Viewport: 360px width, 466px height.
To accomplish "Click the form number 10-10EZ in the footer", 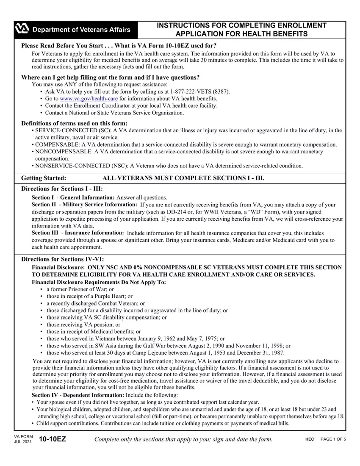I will pyautogui.click(x=52, y=439).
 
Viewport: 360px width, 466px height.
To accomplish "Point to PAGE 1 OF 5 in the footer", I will pyautogui.click(x=333, y=439).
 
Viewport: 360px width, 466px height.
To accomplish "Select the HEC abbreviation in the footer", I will pyautogui.click(x=310, y=439).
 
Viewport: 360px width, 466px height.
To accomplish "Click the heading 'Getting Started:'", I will pyautogui.click(x=44, y=178).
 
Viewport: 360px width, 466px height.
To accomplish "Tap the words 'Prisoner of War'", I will pyautogui.click(x=89, y=289).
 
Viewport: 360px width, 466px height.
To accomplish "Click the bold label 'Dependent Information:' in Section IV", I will pyautogui.click(x=88, y=395).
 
